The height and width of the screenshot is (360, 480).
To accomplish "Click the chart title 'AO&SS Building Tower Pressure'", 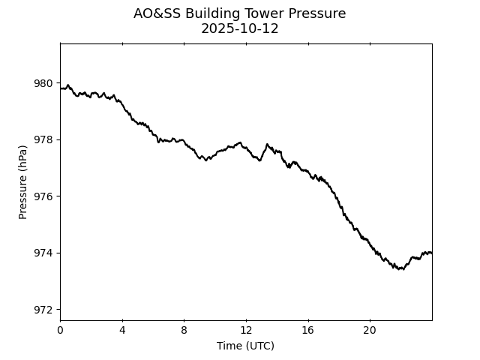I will (240, 13).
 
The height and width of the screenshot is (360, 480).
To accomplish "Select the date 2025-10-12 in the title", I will (240, 28).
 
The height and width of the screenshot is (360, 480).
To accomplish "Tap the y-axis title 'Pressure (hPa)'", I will (23, 182).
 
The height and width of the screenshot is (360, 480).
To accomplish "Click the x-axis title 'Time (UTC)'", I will (245, 346).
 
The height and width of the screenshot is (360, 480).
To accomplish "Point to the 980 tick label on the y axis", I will (44, 83).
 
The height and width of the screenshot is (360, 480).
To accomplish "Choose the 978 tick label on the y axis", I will (44, 139).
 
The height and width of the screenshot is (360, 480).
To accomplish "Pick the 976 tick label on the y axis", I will (44, 196).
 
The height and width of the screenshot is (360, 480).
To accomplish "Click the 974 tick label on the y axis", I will (44, 253).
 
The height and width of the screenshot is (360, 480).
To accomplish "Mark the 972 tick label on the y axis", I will (44, 309).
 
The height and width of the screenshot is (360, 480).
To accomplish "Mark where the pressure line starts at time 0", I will (61, 88).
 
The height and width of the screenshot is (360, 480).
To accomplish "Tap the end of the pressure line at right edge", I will (431, 253).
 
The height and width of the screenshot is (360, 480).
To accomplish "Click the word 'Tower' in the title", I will (265, 13).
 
